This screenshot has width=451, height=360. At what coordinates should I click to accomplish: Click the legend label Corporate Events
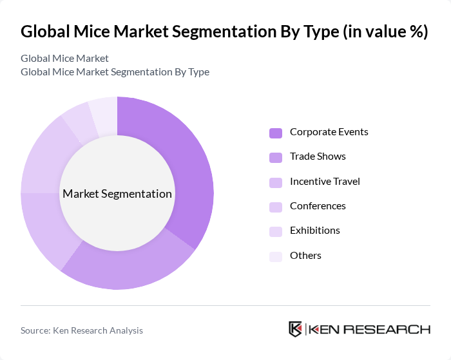tap(329, 132)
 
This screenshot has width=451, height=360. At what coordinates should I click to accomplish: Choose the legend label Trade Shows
tap(318, 156)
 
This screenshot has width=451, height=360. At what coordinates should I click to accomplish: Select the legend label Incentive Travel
tap(325, 182)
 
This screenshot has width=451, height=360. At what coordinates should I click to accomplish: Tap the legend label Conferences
tap(318, 206)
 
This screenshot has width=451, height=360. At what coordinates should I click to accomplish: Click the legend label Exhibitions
tap(314, 231)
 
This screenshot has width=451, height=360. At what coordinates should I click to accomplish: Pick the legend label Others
tap(305, 256)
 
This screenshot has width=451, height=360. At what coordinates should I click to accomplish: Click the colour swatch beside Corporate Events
tap(276, 133)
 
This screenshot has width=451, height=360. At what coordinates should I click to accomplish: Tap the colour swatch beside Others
tap(276, 256)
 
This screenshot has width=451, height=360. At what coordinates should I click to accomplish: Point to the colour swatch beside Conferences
tap(276, 207)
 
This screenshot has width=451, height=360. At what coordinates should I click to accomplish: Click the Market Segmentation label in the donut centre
tap(117, 194)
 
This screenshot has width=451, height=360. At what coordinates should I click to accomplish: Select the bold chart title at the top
tap(224, 32)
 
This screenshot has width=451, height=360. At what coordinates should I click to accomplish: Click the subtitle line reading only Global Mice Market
tap(64, 58)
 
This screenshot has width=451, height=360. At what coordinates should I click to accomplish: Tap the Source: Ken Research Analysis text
tap(82, 330)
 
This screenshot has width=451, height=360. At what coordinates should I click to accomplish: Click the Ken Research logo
tap(359, 329)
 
